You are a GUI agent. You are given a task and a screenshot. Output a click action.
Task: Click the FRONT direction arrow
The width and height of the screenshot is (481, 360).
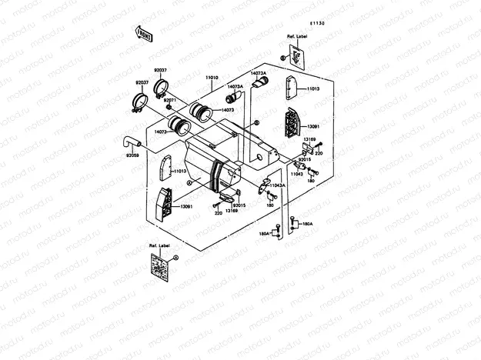pos(143,34)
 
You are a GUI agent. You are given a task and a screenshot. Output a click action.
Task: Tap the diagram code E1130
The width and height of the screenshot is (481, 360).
pos(318,24)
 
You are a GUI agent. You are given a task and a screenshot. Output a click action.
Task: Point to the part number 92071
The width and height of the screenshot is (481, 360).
pos(169,100)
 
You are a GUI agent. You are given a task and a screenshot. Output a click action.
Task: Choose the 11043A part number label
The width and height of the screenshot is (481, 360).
pos(276,185)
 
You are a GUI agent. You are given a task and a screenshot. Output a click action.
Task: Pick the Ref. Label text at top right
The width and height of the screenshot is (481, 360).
pos(296,36)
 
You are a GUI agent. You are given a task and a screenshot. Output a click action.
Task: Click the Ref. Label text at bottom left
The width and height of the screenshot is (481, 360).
pos(159,245)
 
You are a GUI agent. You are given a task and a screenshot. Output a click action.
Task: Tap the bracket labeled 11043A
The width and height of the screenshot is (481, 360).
pos(264,185)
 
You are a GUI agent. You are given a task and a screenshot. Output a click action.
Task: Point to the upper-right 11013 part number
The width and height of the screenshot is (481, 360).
pos(312,89)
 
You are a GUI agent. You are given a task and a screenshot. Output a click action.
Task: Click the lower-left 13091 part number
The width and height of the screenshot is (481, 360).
pos(186,206)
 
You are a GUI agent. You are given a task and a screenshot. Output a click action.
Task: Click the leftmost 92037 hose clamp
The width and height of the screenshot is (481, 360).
pos(140,100)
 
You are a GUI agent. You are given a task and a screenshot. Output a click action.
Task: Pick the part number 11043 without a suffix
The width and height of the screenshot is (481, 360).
pos(296,175)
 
